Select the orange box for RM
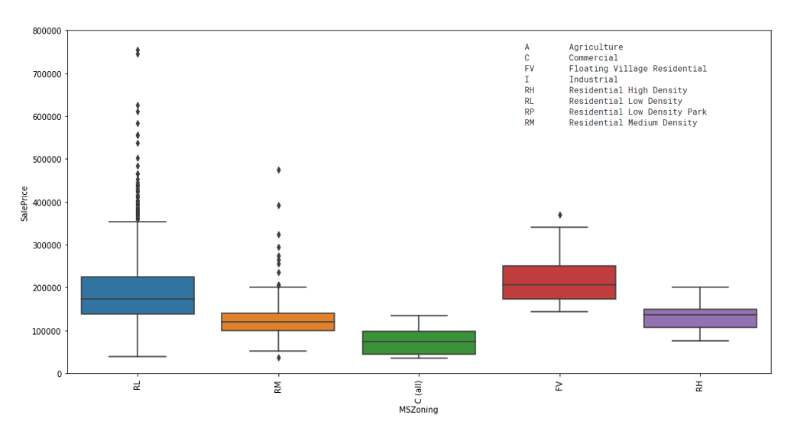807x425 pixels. pos(278,322)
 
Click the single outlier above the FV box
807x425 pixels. pos(559,215)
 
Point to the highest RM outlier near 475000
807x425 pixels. pos(278,170)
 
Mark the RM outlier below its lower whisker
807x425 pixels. pos(278,358)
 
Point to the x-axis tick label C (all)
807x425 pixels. pos(419,391)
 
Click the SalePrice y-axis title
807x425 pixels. pos(24,203)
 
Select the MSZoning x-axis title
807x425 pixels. pos(418,410)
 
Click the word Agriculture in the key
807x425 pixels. pos(595,47)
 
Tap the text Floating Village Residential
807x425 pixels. pos(637,69)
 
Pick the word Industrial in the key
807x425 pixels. pos(593,79)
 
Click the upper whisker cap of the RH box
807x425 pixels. pos(700,287)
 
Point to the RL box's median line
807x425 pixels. pos(138,299)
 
